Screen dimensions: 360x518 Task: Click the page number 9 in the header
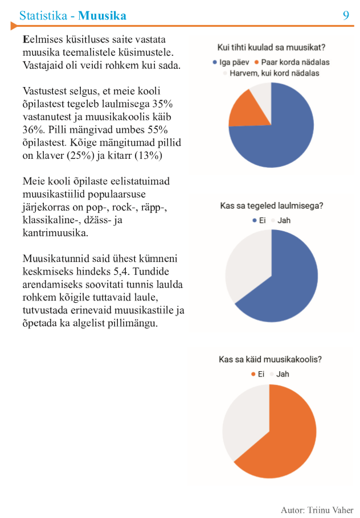(x=346, y=15)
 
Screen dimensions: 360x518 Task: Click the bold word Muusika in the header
(x=102, y=15)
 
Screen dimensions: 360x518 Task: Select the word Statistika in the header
(x=43, y=15)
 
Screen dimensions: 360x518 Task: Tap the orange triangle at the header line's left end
(x=14, y=26)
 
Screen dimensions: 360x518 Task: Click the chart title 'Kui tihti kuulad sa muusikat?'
(x=271, y=48)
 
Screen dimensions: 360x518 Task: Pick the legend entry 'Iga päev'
(x=231, y=62)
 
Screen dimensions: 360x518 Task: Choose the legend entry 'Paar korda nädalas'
(x=292, y=62)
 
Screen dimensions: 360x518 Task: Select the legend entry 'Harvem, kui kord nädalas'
(x=271, y=73)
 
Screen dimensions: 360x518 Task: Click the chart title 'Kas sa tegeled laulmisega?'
(x=271, y=206)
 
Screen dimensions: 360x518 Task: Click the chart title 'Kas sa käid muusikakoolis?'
(x=270, y=359)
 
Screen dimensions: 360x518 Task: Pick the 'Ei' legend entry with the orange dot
(x=258, y=374)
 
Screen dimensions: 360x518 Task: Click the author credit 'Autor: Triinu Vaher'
(x=317, y=510)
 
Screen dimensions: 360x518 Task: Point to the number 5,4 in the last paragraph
(x=122, y=272)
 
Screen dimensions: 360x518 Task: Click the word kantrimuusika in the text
(x=55, y=233)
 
